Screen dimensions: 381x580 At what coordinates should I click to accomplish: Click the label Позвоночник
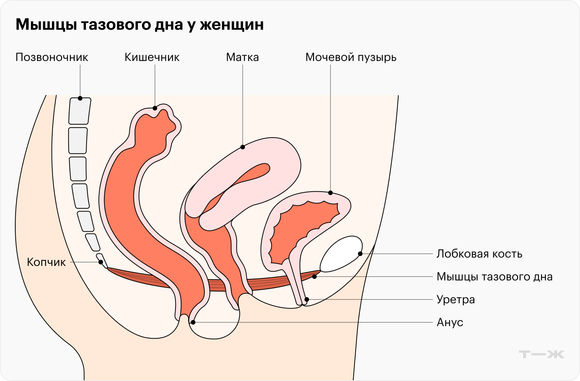pos(52,58)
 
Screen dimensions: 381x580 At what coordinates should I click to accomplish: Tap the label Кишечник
pos(152,58)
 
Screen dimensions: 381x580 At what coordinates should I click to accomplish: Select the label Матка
pos(242,58)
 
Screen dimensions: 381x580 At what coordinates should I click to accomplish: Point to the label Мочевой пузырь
pos(351,58)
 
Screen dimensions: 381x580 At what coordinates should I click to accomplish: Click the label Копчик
pos(46,262)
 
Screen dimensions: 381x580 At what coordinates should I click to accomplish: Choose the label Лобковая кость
pos(479,254)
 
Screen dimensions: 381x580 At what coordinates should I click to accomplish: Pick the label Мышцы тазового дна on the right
pos(495,277)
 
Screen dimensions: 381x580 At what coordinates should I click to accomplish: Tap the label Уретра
pos(456,299)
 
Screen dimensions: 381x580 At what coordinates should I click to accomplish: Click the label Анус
pos(450,322)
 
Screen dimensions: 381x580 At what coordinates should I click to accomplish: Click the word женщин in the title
pos(231,25)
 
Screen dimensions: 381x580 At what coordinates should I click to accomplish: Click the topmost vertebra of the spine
pos(80,111)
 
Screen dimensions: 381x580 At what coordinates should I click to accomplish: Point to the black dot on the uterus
pos(243,147)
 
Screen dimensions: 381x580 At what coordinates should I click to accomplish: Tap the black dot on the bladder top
pos(330,193)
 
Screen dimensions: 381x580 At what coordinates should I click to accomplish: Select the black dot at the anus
pos(193,322)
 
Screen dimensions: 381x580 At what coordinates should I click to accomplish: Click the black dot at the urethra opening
pos(307,299)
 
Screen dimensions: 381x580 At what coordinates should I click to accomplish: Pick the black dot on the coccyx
pos(101,262)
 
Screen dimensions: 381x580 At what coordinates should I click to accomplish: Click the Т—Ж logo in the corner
pos(541,354)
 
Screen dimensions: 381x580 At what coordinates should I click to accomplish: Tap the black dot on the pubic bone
pos(360,254)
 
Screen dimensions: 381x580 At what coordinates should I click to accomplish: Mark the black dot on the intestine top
pos(155,108)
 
